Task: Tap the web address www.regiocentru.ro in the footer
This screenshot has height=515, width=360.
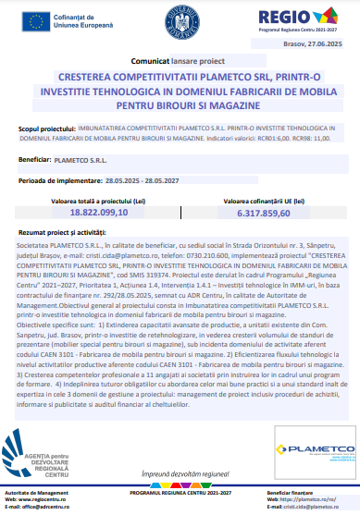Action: (x=56, y=499)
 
